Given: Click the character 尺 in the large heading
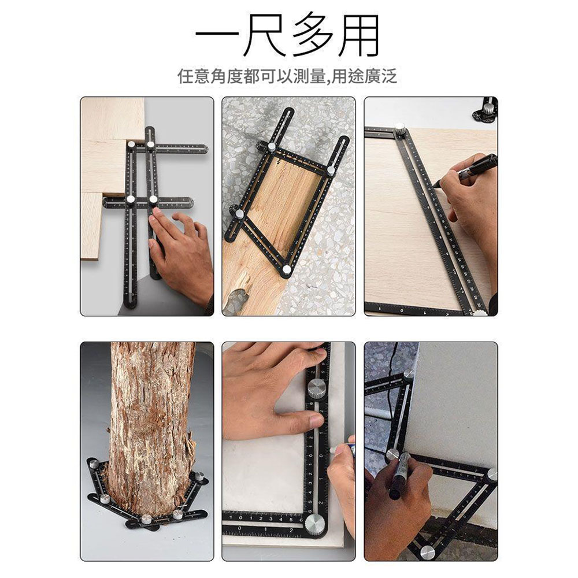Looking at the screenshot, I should click(265, 36).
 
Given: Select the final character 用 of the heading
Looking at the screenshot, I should click(360, 36).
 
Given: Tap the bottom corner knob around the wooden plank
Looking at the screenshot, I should click(287, 269).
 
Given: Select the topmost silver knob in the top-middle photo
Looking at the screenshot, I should click(272, 147).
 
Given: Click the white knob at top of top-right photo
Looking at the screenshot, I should click(399, 127).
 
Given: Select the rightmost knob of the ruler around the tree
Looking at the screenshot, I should click(199, 477).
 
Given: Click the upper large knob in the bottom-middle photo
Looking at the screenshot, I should click(316, 388).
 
